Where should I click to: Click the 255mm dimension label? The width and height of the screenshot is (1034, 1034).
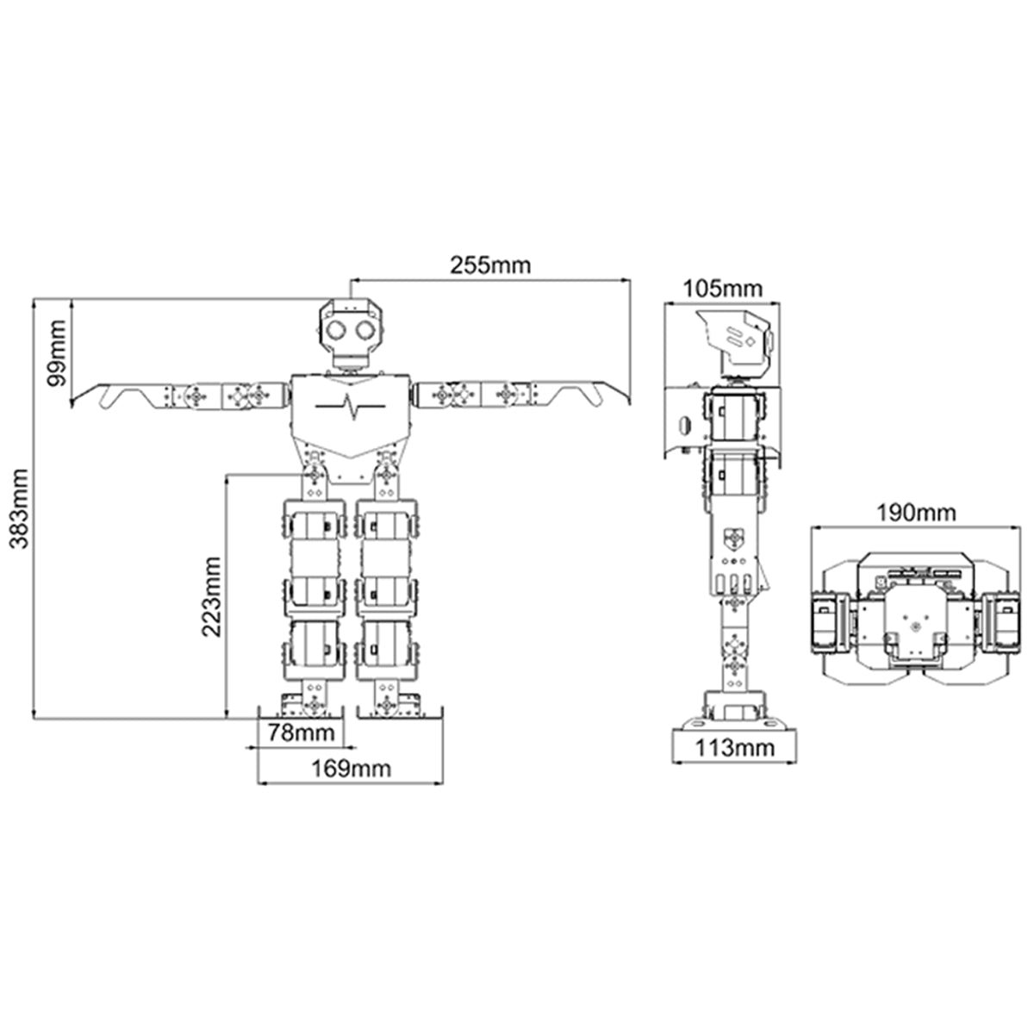tap(490, 265)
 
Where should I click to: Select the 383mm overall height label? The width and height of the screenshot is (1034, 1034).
tap(20, 508)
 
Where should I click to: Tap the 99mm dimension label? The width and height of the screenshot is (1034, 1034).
tap(56, 352)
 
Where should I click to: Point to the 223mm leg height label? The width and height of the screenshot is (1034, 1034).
tap(211, 596)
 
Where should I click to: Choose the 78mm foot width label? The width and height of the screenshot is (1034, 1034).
tap(302, 732)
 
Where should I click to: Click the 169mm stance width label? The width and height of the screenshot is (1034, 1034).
tap(352, 769)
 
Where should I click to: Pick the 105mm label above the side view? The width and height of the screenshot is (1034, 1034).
tap(722, 290)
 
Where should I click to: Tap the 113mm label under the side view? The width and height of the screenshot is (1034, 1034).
tap(735, 747)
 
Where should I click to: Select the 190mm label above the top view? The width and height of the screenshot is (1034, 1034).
tap(917, 513)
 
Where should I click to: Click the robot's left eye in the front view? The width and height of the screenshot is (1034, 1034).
tap(336, 329)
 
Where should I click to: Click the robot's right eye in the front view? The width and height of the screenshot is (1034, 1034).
tap(366, 329)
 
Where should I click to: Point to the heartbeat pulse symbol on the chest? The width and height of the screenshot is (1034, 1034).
tap(351, 407)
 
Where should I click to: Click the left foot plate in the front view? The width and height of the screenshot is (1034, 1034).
tap(301, 713)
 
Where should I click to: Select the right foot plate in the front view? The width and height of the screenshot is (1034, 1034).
tap(401, 713)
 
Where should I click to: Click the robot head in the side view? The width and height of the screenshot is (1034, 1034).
tap(734, 340)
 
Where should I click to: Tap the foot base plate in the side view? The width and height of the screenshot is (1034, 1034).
tap(735, 723)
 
